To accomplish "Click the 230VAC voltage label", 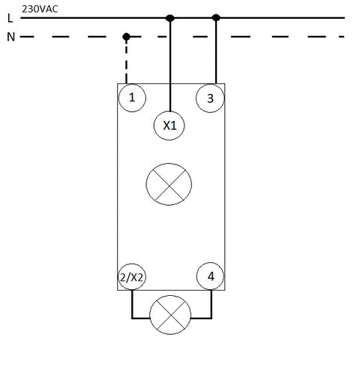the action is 40,9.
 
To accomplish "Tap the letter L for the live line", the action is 10,18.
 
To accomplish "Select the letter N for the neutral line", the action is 10,37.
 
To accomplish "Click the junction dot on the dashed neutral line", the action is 127,37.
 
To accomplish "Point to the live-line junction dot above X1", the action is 170,18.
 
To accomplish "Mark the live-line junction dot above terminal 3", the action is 216,17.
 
